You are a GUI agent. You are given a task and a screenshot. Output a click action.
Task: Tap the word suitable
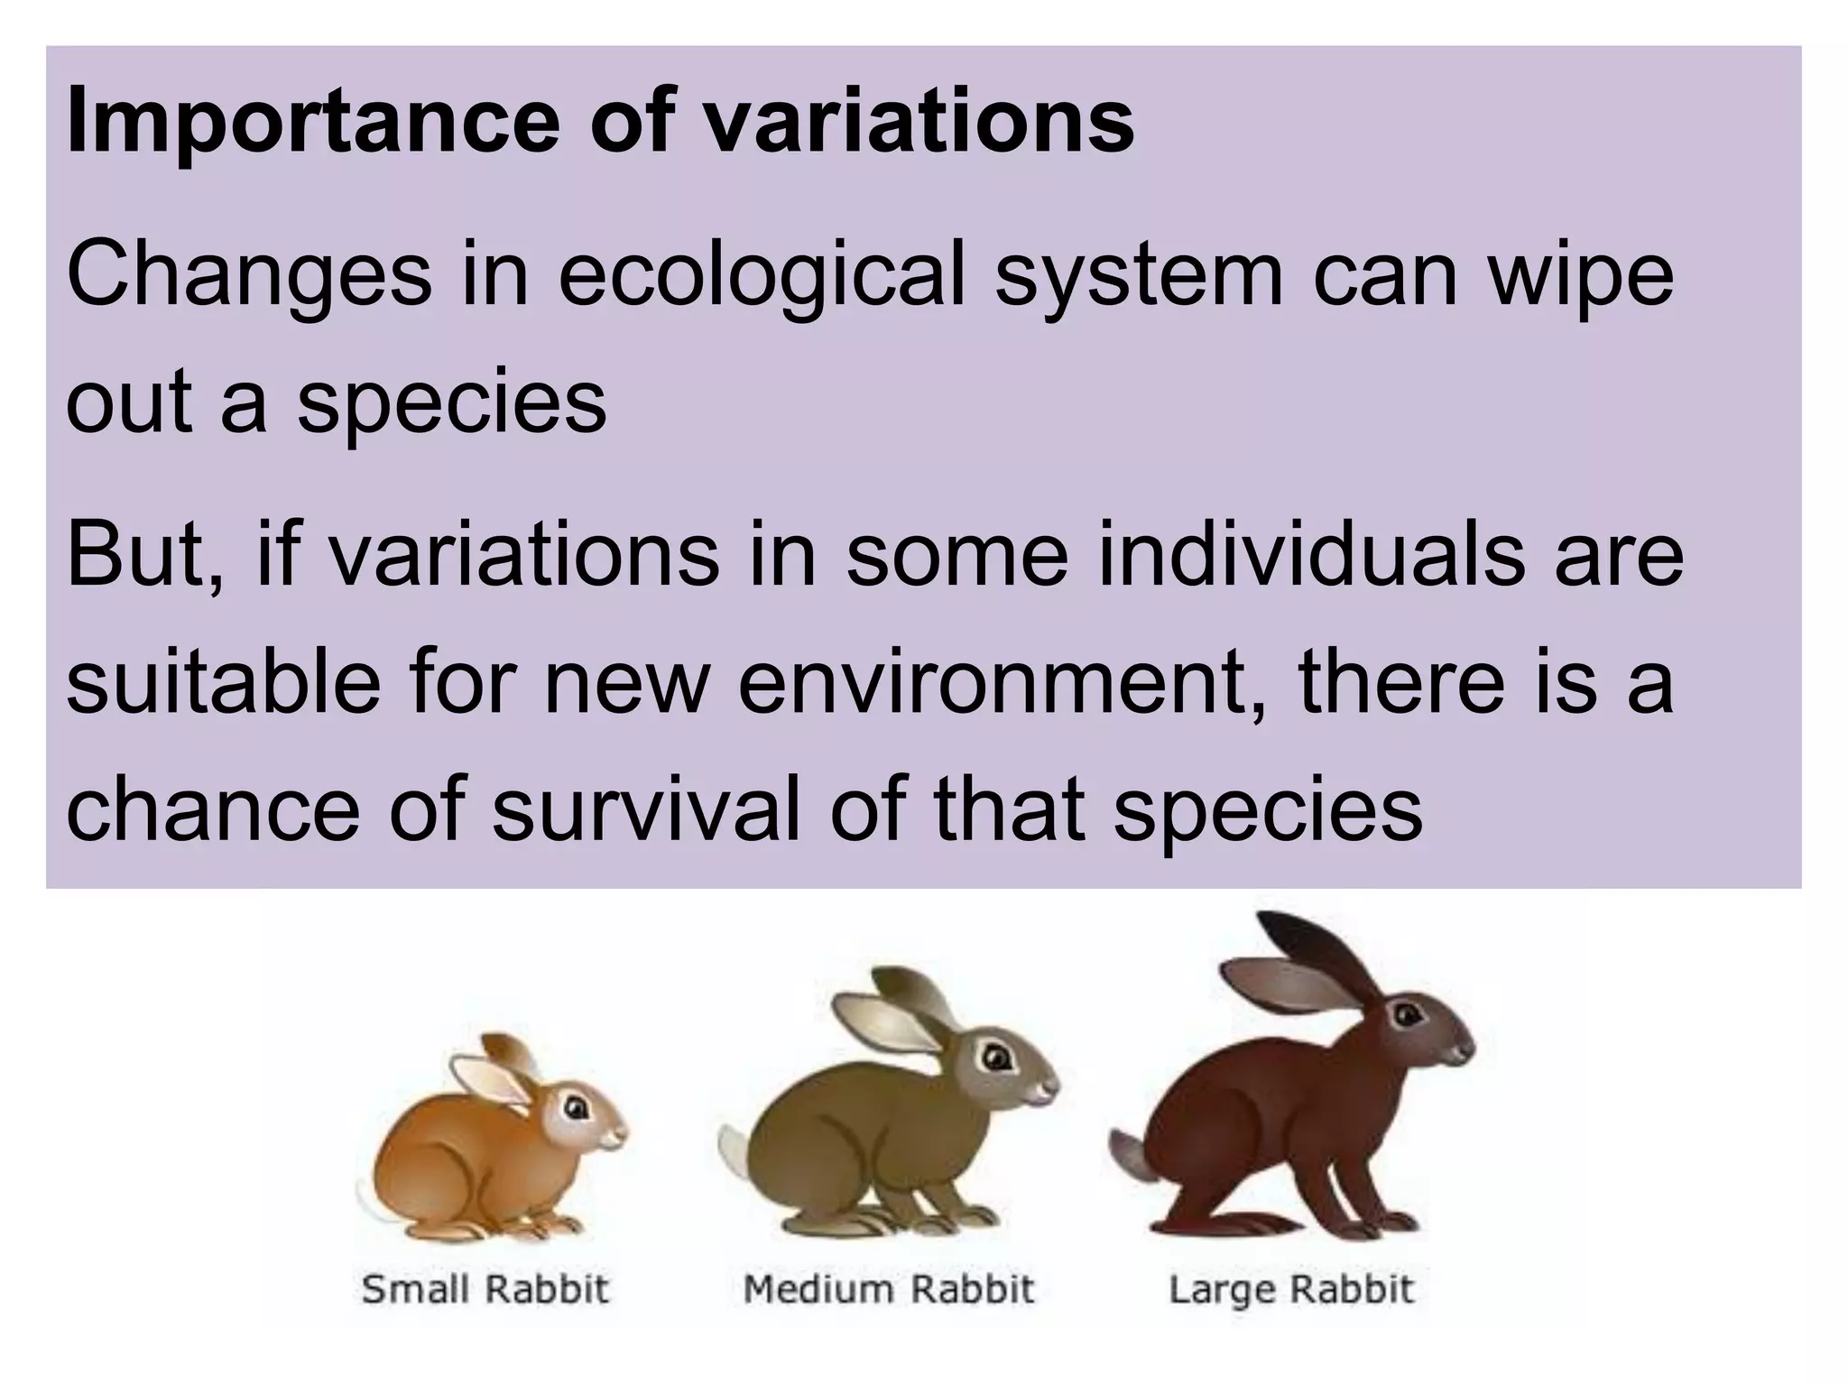[223, 681]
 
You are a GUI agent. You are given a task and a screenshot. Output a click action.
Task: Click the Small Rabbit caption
[485, 1289]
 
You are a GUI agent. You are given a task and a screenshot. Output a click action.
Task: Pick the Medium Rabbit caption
[888, 1289]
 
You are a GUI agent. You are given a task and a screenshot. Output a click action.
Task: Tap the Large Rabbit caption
[1291, 1289]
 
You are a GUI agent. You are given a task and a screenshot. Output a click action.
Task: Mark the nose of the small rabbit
[623, 1131]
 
